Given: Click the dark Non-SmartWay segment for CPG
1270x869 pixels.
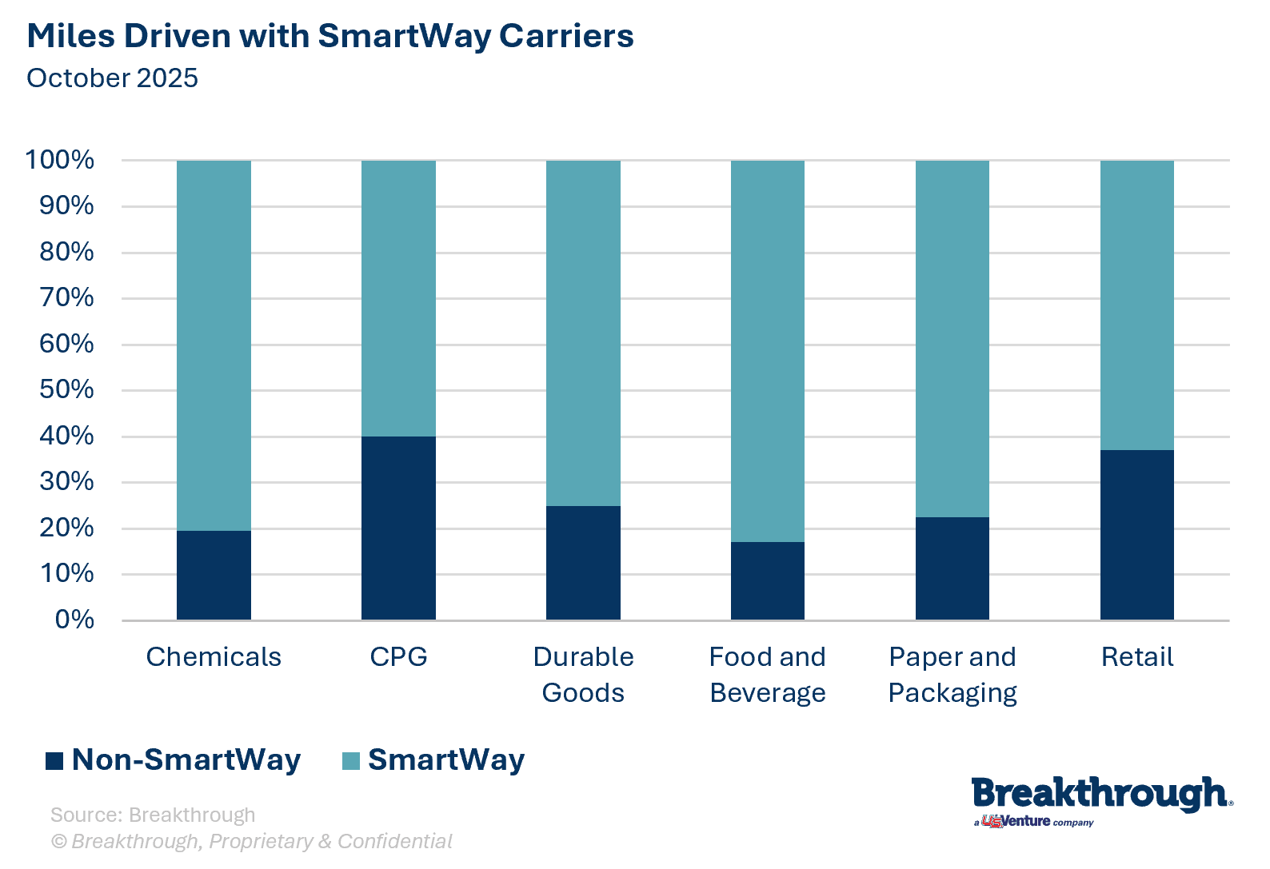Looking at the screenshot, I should [398, 528].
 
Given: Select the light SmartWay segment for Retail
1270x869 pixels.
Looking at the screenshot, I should [1136, 305].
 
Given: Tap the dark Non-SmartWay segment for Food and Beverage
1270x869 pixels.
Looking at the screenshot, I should [768, 580].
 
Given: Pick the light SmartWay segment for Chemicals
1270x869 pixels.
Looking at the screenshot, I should [214, 345].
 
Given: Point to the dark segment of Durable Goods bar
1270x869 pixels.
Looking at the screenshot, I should [583, 563].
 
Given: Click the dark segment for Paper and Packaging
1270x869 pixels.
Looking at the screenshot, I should [952, 568].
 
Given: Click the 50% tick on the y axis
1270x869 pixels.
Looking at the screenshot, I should [67, 390].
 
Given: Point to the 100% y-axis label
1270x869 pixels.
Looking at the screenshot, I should [60, 160].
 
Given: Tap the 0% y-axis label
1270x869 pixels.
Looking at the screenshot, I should [74, 620].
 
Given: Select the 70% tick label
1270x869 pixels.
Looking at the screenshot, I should [67, 298].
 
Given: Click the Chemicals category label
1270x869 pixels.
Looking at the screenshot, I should [214, 657].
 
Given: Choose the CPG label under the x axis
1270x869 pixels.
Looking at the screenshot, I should [398, 657].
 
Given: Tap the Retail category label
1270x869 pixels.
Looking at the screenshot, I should [1136, 657].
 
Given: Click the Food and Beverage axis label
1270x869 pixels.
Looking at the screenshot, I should [768, 674].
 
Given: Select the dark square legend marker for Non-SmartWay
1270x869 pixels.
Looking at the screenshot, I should [54, 760].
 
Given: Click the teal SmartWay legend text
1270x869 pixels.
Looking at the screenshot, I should [445, 759].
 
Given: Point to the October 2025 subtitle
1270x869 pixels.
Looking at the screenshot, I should [112, 78].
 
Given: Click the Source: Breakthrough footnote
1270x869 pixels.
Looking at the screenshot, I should [153, 815].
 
